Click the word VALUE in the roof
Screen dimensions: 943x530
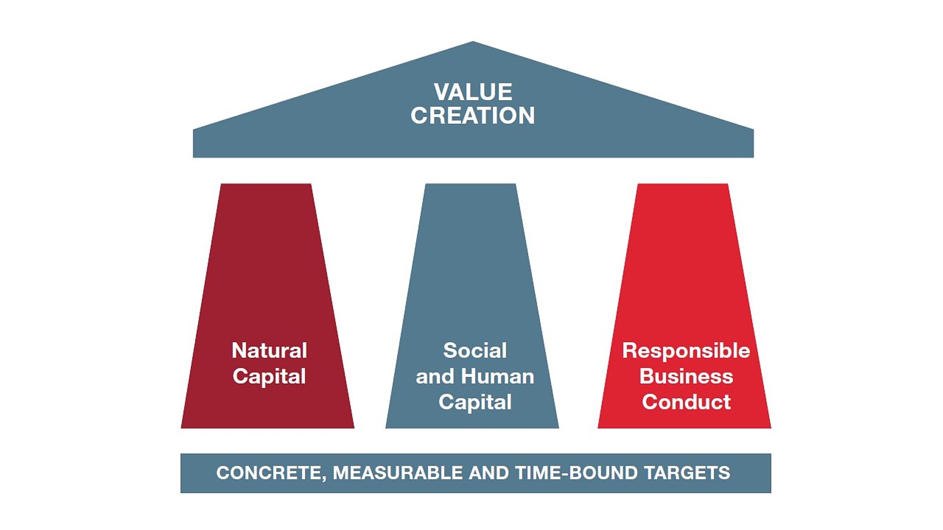click(473, 92)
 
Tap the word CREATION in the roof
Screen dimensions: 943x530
click(473, 116)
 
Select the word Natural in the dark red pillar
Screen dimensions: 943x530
click(269, 351)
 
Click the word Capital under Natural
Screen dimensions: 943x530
click(269, 376)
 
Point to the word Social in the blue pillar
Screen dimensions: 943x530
click(475, 351)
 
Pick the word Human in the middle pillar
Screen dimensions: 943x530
click(498, 376)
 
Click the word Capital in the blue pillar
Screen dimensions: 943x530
click(475, 402)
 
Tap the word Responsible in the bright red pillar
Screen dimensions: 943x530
click(686, 351)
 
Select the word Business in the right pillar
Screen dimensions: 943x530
click(686, 376)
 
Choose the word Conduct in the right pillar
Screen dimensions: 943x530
click(686, 402)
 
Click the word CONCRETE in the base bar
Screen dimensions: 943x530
click(270, 473)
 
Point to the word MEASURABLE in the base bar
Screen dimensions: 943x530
click(398, 473)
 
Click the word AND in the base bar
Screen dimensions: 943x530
click(489, 473)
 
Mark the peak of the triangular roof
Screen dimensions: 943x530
click(473, 41)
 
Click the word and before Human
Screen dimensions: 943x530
click(435, 376)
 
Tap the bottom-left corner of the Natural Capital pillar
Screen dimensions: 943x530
click(181, 428)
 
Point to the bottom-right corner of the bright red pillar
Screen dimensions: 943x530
click(771, 428)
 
